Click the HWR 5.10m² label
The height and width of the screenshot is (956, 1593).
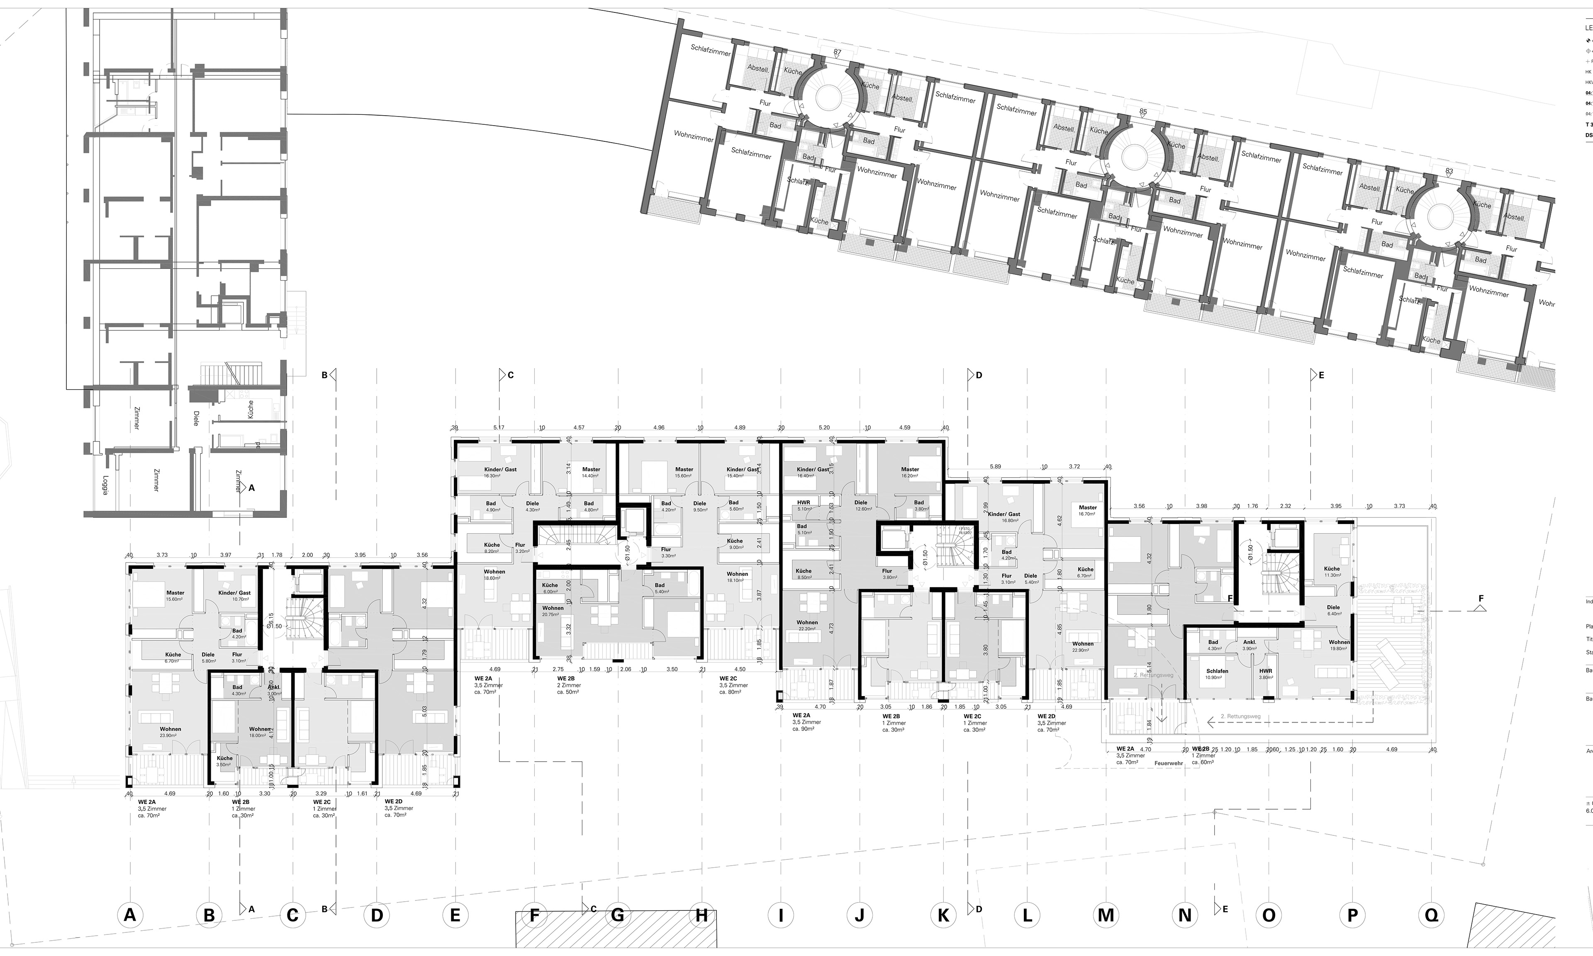click(x=804, y=505)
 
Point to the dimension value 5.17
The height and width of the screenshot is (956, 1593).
click(x=498, y=427)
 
